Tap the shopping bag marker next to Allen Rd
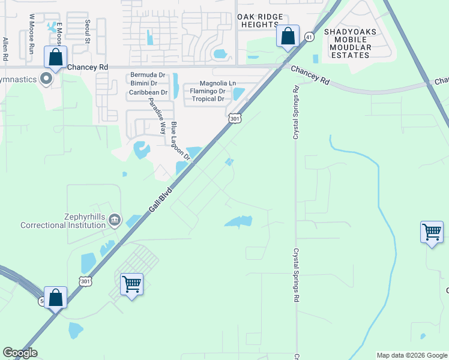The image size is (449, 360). coord(56,59)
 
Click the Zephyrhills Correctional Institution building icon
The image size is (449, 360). coord(114,221)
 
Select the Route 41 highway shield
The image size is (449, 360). coord(309,37)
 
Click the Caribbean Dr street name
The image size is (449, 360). coord(148,92)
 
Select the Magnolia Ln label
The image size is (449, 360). coord(209,83)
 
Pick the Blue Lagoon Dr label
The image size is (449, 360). coord(180,141)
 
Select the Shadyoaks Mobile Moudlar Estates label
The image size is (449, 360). coord(348,43)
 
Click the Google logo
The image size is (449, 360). coord(20,353)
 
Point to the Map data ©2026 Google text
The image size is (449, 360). coord(411,355)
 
